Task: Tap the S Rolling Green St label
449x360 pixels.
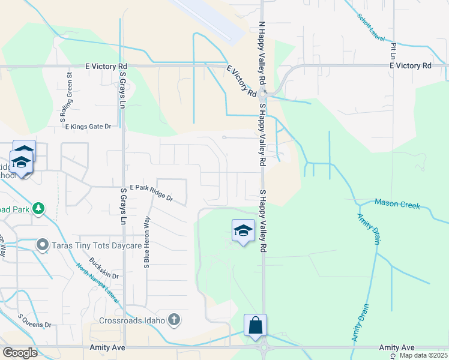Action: coord(70,98)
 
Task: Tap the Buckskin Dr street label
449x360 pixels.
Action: coord(104,268)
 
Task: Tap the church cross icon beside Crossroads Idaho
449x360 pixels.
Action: coord(174,319)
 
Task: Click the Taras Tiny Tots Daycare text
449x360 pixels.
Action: coord(97,245)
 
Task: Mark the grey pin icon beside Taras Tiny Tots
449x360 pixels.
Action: coord(43,245)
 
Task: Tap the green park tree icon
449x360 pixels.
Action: coord(39,208)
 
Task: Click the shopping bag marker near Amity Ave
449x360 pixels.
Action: coord(255,326)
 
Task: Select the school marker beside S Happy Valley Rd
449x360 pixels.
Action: coord(243,230)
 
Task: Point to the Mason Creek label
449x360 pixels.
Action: coord(397,205)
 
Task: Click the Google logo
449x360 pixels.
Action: coord(20,353)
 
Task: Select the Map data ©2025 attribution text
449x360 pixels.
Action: coord(423,355)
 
